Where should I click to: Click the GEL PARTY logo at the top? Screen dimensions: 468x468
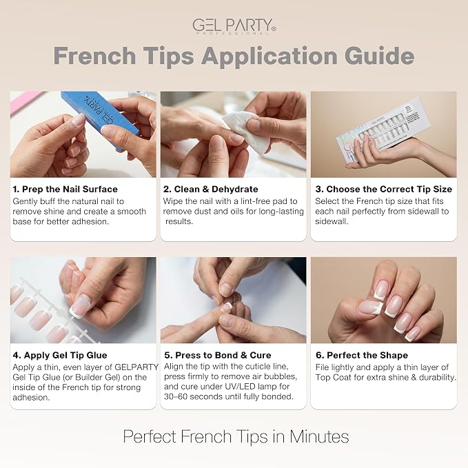[x=234, y=26]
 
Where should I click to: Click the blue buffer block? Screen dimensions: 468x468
[x=101, y=118]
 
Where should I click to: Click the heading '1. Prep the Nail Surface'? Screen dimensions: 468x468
[x=65, y=189]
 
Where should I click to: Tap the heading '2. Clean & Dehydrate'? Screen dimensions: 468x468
[x=210, y=189]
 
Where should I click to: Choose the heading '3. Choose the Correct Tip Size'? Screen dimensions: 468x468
[x=383, y=189]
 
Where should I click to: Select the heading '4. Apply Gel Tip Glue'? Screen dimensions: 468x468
[x=60, y=355]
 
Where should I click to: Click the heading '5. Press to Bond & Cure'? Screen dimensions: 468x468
[x=218, y=355]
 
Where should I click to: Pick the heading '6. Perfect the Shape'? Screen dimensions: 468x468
[x=362, y=355]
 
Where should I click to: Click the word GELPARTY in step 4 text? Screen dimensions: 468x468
[x=136, y=367]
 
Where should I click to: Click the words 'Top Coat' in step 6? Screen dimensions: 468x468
[x=333, y=377]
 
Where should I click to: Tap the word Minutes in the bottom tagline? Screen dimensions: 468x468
[x=319, y=437]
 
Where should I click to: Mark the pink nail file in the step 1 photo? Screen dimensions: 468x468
[x=26, y=101]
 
